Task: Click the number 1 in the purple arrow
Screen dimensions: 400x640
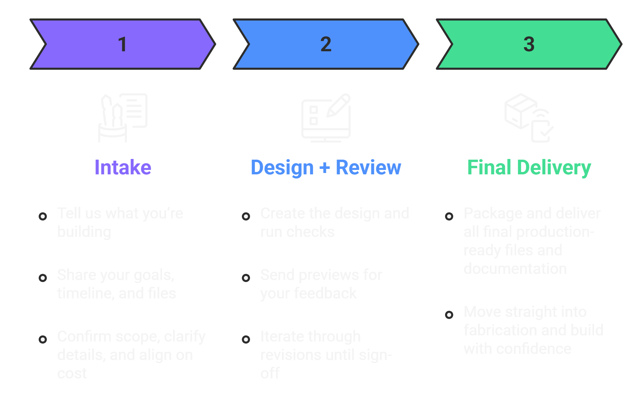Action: pos(122,44)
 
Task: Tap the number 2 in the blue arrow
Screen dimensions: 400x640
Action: pos(326,44)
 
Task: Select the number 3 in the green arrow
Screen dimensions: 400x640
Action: pos(529,44)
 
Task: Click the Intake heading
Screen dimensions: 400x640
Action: pos(123,168)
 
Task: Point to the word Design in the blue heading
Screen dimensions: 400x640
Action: pos(282,168)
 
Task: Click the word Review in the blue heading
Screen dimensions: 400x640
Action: pos(368,168)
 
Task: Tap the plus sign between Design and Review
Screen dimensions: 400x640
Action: pos(325,168)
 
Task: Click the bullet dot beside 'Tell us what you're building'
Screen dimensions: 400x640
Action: pos(43,216)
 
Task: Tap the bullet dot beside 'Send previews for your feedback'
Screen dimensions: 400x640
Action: pos(246,278)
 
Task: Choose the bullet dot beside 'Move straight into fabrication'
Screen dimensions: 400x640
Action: pos(449,315)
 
